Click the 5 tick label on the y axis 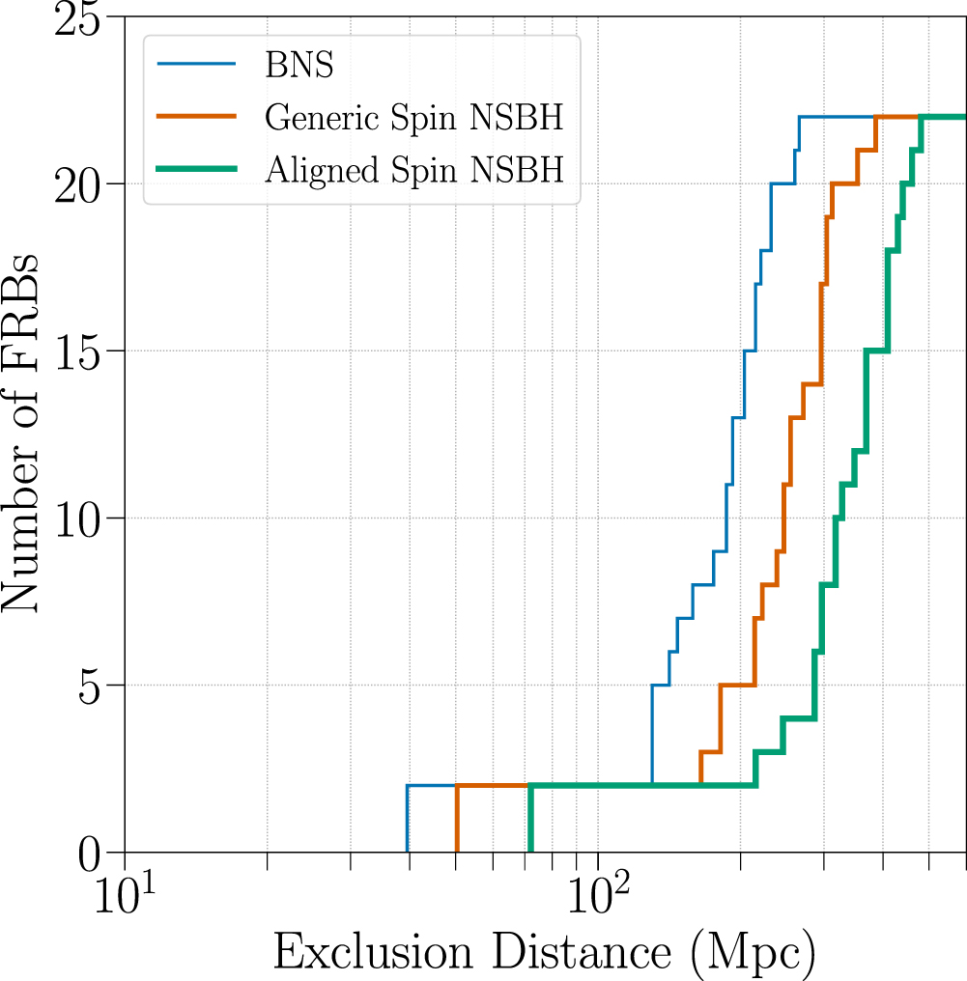tap(93, 686)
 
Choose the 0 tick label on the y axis tap(93, 852)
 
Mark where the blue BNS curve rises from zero tap(408, 819)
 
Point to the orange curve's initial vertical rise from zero tap(457, 819)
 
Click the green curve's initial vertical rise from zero tap(530, 819)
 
